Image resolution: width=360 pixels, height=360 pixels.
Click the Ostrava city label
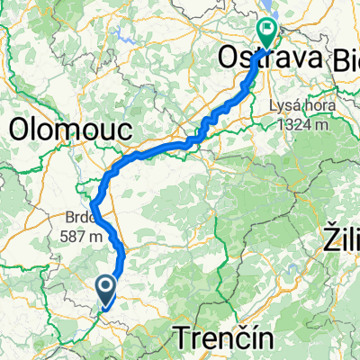(x=259, y=60)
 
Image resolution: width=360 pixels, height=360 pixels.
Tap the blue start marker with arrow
(x=105, y=288)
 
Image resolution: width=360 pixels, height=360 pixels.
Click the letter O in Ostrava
(x=228, y=60)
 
